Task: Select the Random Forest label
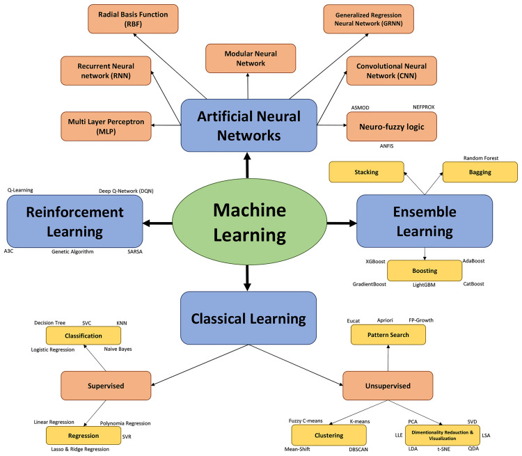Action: (x=480, y=158)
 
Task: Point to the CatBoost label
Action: (x=473, y=284)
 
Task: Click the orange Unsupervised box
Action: (x=388, y=385)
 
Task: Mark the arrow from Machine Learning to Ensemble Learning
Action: (x=340, y=223)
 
